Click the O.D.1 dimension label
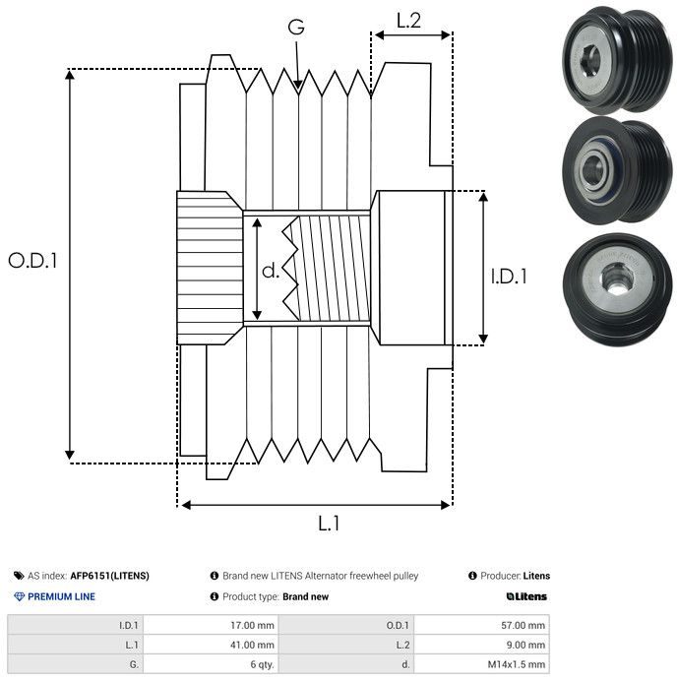point(32,262)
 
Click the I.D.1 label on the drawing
point(509,277)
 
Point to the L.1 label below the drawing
point(329,525)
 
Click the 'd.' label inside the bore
point(271,271)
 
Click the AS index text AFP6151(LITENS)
point(109,576)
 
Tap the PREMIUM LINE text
point(61,596)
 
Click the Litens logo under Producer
point(525,596)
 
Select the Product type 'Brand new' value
point(305,596)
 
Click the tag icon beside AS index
point(19,576)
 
